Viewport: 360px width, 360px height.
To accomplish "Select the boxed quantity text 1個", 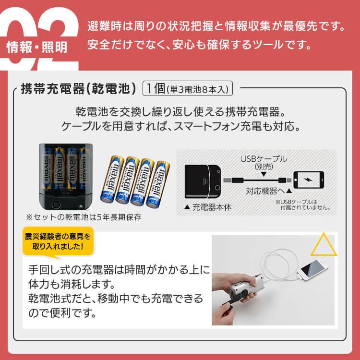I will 156,89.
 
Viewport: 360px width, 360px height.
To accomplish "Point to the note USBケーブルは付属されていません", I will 302,205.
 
